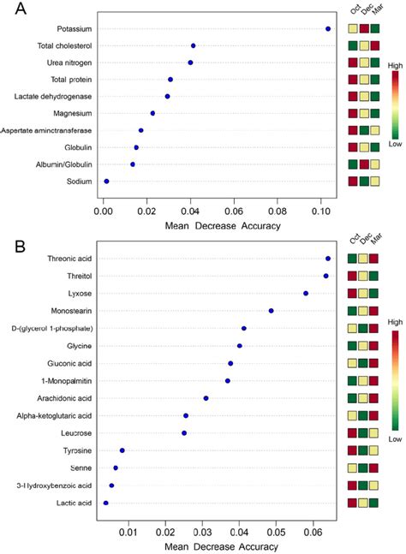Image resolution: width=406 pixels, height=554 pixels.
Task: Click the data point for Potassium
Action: point(328,29)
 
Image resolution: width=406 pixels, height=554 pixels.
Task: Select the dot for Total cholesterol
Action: point(193,45)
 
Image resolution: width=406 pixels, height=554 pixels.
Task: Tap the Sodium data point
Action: point(106,181)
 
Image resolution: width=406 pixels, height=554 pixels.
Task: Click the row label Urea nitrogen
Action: point(69,63)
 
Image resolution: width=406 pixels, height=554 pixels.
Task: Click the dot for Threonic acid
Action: point(328,259)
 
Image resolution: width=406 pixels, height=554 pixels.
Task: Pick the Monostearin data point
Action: point(271,311)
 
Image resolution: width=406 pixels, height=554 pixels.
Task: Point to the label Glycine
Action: point(78,346)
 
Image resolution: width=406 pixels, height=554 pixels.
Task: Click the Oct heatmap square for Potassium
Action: point(353,29)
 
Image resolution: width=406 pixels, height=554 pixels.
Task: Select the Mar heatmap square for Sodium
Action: point(375,181)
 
